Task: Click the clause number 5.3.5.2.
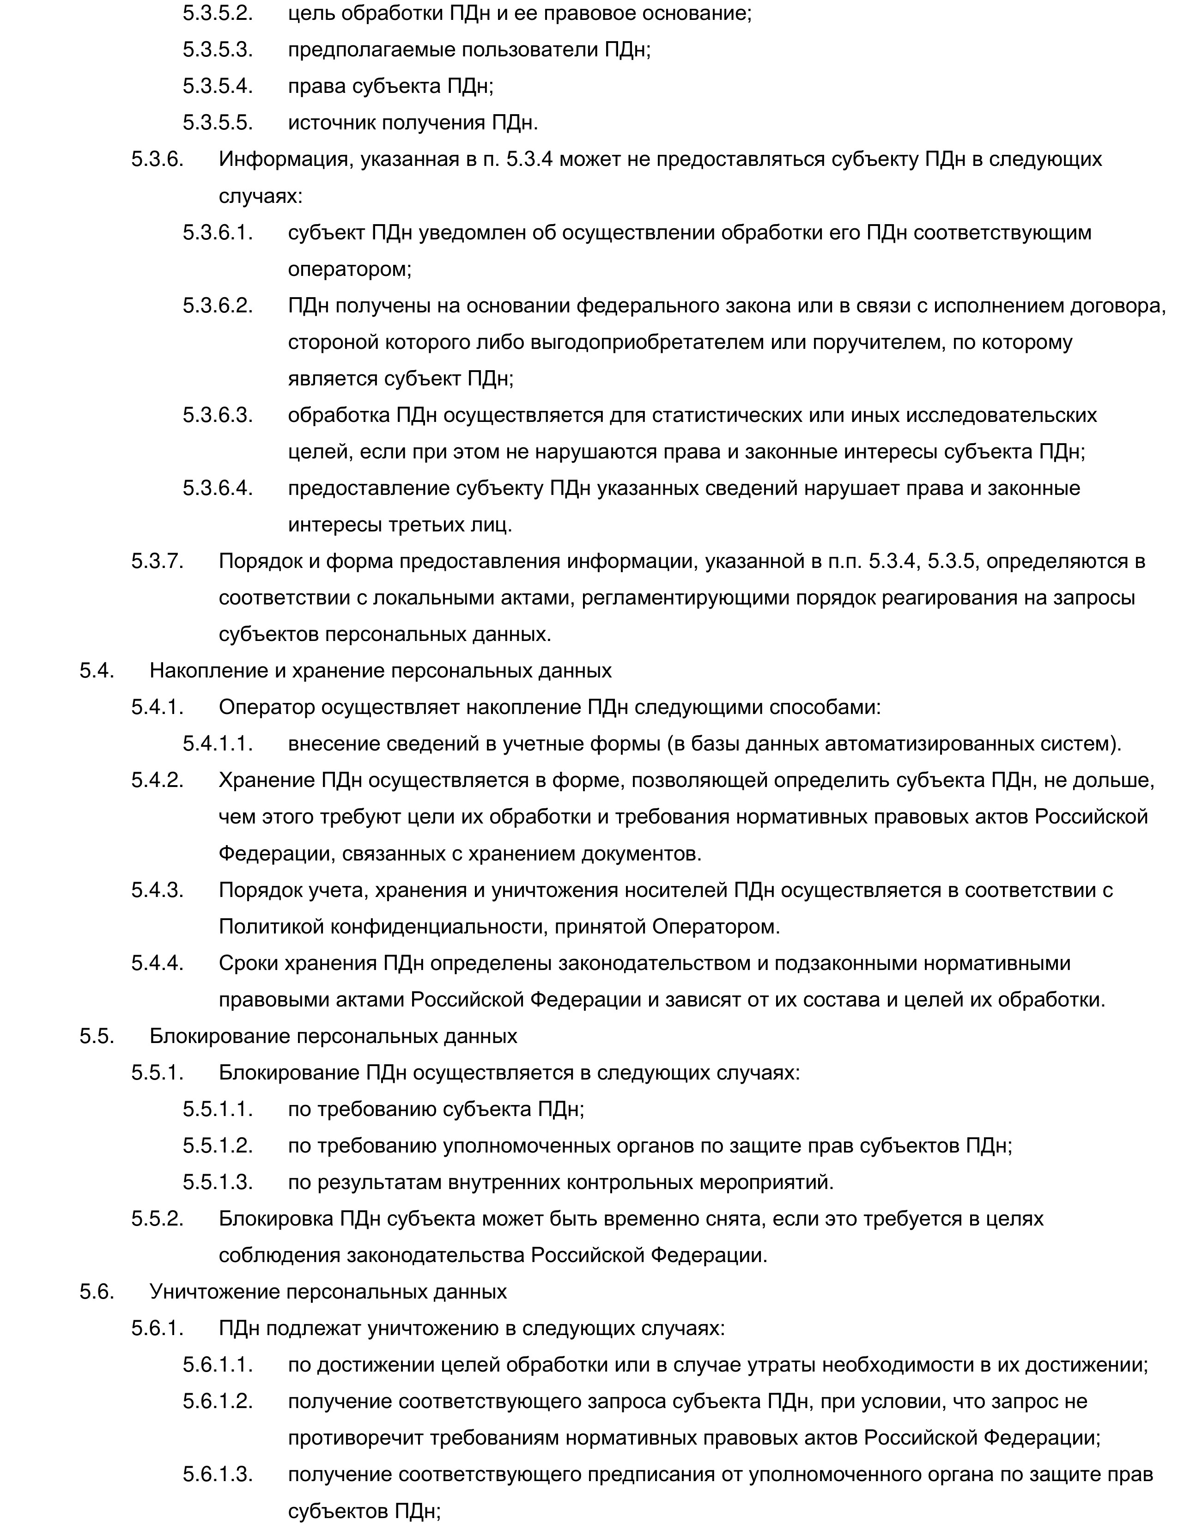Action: [x=217, y=13]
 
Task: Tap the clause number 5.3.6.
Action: [x=157, y=159]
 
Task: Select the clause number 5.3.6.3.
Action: [x=217, y=415]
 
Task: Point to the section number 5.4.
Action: [x=96, y=671]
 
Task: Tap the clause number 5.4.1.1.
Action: [x=217, y=744]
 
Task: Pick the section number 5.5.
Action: [x=96, y=1036]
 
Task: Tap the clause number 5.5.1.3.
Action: [x=217, y=1182]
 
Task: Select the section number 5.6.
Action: [x=96, y=1291]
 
